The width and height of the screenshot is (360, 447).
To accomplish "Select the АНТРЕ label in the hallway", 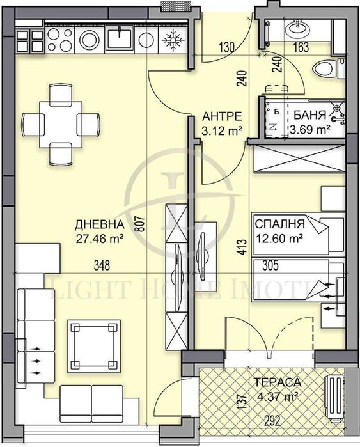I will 221,116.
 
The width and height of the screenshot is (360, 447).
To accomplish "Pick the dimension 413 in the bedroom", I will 240,247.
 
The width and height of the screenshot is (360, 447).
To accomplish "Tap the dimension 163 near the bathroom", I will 301,47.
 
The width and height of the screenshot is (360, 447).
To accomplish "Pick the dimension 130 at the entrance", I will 225,47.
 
